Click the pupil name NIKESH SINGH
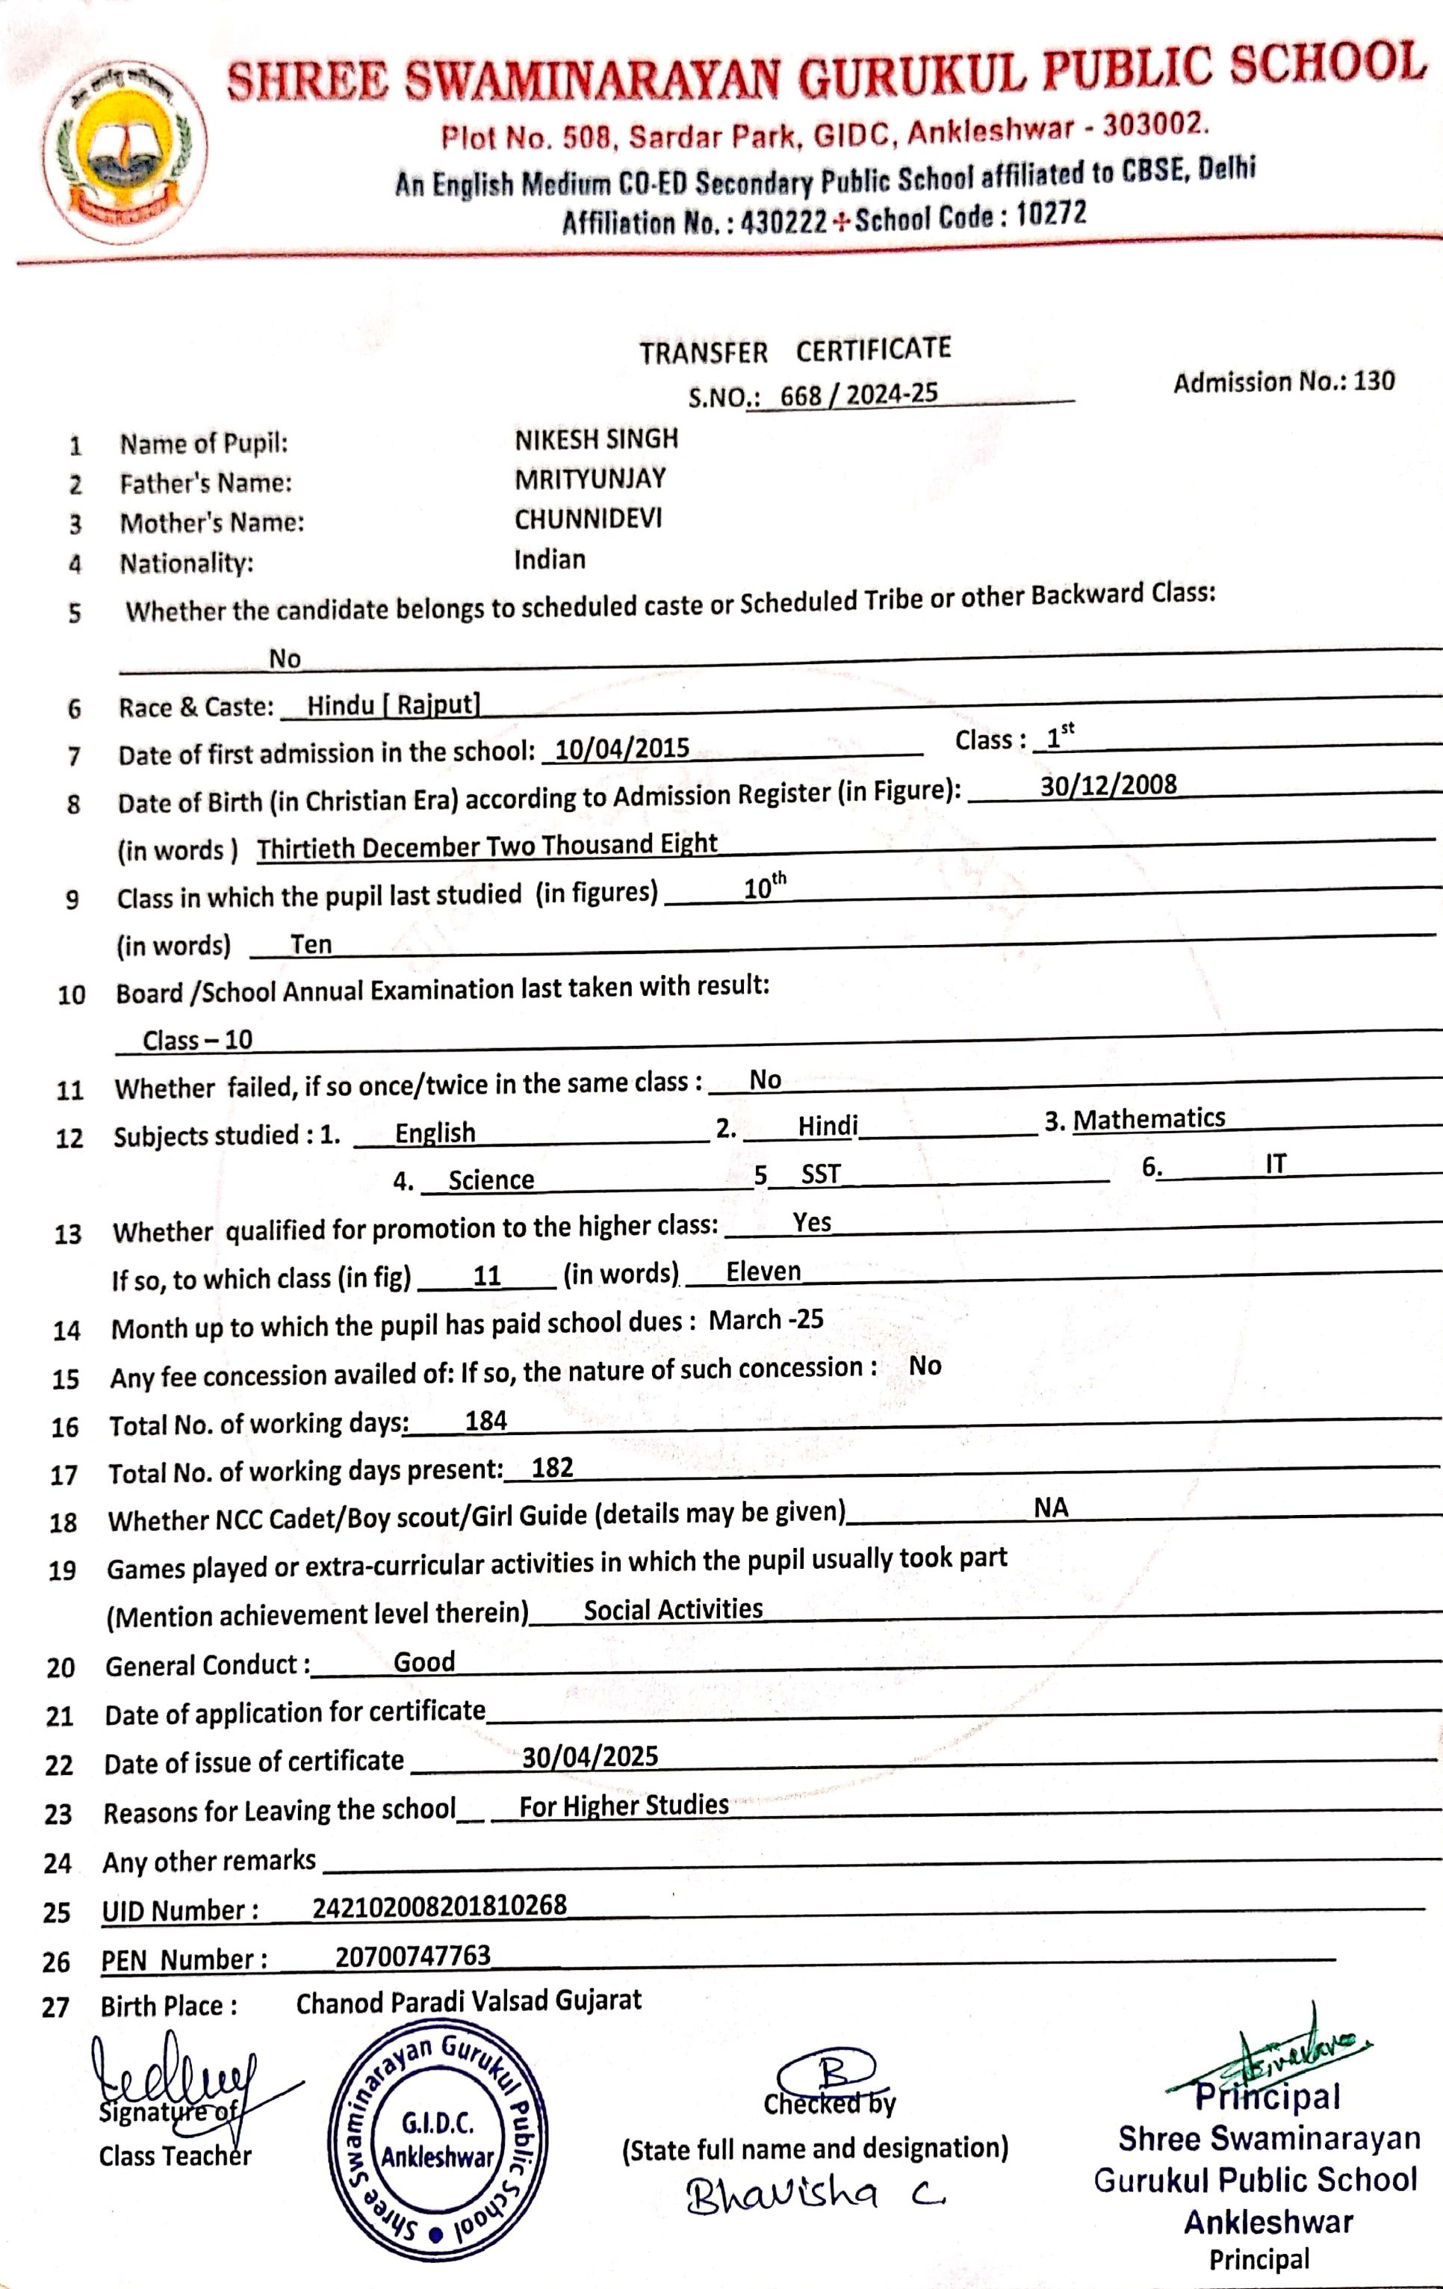(596, 439)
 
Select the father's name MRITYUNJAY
(589, 479)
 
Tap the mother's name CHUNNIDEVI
(588, 519)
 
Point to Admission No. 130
(1283, 382)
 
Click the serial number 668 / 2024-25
(858, 394)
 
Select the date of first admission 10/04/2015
(621, 749)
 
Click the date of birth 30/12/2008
(1108, 785)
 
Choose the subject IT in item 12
(1275, 1165)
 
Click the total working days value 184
(485, 1421)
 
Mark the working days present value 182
(552, 1468)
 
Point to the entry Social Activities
(673, 1609)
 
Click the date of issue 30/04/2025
(589, 1756)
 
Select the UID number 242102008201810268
(439, 1906)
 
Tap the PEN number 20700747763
(412, 1955)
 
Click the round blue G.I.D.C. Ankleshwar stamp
(437, 2143)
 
